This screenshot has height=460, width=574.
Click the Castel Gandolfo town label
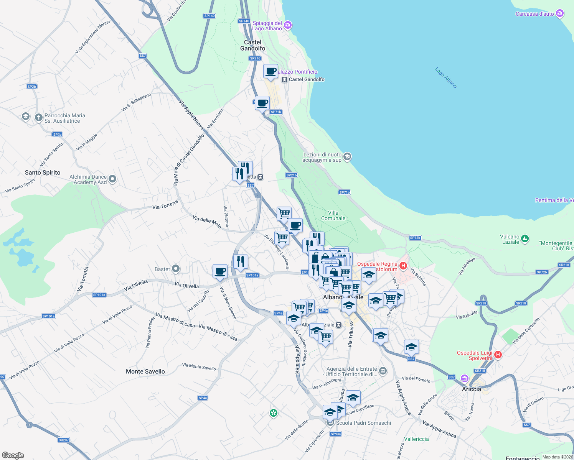(252, 45)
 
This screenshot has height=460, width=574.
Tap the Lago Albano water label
(446, 78)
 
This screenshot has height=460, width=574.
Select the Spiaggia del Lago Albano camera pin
(288, 25)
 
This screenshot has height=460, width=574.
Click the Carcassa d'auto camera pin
(560, 14)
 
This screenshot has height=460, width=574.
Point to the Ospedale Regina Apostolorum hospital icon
(403, 266)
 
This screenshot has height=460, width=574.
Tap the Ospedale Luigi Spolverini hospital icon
(498, 355)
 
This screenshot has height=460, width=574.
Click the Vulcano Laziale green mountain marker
(525, 239)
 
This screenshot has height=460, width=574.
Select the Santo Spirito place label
(43, 172)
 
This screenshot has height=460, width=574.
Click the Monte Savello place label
(145, 371)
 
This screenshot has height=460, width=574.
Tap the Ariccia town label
(472, 389)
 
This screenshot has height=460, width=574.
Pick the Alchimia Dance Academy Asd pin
(112, 179)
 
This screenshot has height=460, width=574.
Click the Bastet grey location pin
(176, 269)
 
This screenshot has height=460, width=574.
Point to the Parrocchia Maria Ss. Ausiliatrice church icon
(38, 117)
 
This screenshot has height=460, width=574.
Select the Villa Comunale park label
(333, 215)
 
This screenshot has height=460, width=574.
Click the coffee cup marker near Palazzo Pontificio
(271, 71)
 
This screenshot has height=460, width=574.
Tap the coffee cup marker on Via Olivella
(220, 271)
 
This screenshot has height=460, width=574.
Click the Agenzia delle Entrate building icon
(383, 371)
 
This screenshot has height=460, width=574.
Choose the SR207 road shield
(64, 440)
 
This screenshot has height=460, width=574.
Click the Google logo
(13, 455)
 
